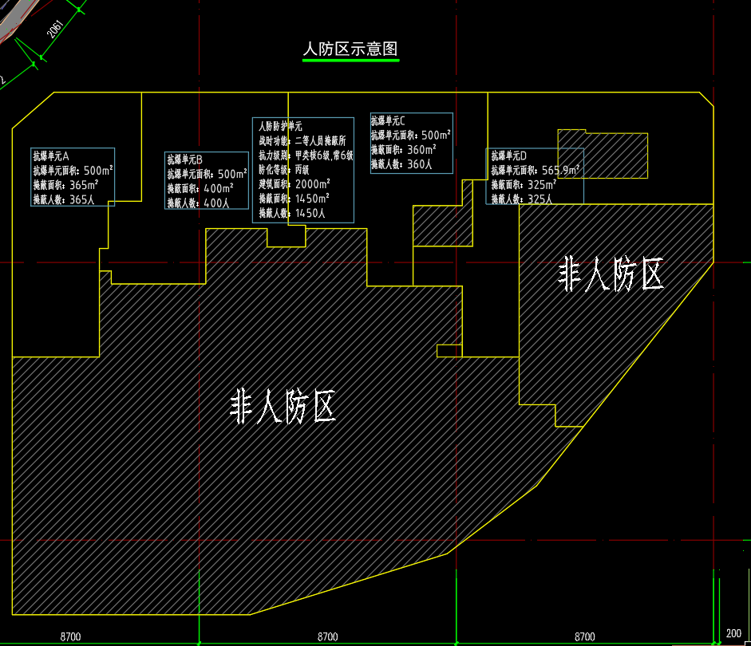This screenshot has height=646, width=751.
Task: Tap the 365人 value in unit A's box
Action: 81,199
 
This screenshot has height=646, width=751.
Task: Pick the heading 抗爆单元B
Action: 184,160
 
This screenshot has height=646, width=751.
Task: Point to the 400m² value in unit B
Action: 218,188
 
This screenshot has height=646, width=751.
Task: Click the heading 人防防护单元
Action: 280,126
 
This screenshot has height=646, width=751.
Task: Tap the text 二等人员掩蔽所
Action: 320,140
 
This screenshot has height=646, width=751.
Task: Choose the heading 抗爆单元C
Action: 388,121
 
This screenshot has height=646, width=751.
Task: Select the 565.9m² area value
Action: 560,170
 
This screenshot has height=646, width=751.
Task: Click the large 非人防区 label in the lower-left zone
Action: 283,407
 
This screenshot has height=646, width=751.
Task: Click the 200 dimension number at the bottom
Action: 733,634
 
